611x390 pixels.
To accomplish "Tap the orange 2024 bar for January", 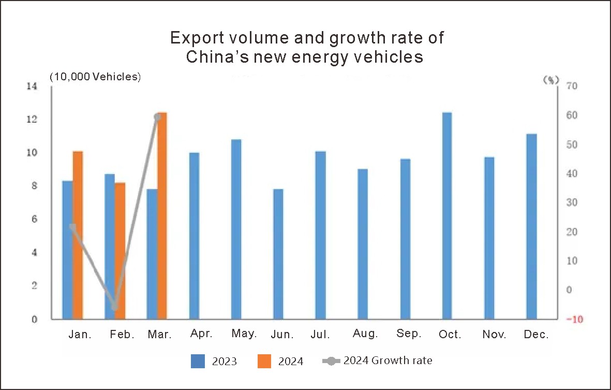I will (78, 235).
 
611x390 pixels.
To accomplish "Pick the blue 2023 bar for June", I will (278, 254).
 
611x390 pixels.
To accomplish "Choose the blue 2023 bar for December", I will (532, 226).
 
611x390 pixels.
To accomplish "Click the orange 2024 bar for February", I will (120, 251).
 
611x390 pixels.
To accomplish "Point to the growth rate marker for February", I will (115, 307).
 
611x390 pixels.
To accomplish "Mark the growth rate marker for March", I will (158, 117).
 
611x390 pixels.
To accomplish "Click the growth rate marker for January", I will (72, 227).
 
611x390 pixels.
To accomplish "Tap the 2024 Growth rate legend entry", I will (377, 360).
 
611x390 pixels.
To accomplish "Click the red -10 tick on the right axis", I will (575, 320).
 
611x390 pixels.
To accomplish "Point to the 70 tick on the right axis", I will (572, 86).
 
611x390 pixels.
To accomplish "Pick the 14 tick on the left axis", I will (32, 86).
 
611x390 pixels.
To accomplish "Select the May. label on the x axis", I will (244, 334).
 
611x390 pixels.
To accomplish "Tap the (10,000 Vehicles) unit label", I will (95, 77).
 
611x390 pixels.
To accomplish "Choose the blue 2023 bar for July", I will (320, 235).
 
